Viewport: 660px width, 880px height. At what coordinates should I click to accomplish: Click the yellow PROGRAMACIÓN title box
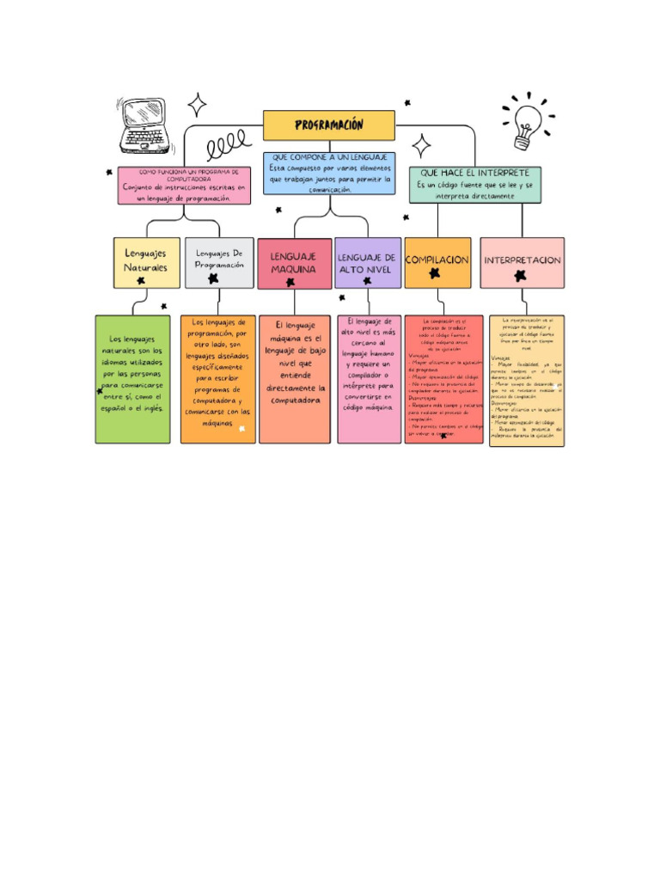[x=329, y=125]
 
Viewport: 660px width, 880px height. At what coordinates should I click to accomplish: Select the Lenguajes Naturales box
[x=146, y=262]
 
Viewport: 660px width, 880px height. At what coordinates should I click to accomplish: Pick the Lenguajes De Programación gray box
[x=219, y=262]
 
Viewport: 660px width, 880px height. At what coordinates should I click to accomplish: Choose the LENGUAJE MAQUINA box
[x=294, y=263]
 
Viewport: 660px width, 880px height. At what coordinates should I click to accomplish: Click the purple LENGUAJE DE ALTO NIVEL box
[x=367, y=262]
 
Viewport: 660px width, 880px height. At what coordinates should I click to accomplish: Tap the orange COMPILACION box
[x=437, y=262]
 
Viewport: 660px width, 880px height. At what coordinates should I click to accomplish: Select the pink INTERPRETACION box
[x=522, y=262]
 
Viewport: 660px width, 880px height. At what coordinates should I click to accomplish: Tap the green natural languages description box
[x=132, y=379]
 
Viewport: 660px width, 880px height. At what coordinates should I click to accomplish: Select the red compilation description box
[x=443, y=379]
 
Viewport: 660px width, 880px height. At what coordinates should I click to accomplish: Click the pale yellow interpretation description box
[x=527, y=379]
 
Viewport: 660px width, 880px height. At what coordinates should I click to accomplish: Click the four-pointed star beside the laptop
[x=198, y=105]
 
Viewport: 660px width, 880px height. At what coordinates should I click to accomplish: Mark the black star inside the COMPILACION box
[x=435, y=273]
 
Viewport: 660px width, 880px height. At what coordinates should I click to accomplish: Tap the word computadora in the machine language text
[x=295, y=400]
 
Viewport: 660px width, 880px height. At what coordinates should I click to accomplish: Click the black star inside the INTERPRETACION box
[x=520, y=275]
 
